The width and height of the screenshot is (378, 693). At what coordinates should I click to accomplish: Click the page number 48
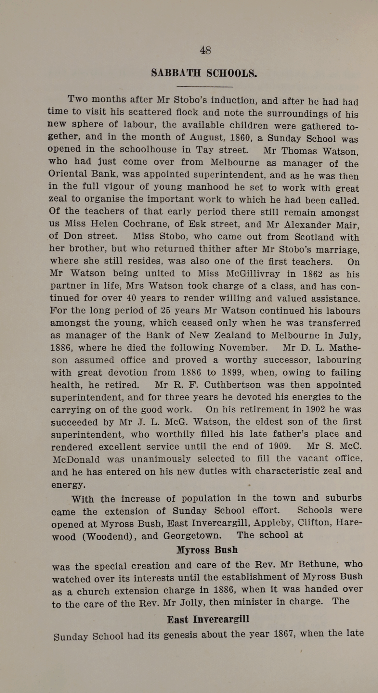(x=205, y=50)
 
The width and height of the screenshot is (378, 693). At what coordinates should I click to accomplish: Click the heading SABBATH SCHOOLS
(x=204, y=73)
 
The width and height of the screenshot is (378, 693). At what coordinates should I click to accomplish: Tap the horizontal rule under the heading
(x=204, y=87)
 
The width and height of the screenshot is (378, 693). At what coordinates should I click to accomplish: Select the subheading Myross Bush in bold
(x=207, y=550)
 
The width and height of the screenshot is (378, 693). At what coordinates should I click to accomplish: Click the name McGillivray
(x=253, y=274)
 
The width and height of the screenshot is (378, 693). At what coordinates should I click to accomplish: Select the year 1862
(x=313, y=274)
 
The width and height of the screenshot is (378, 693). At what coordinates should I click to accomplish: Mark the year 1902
(x=315, y=409)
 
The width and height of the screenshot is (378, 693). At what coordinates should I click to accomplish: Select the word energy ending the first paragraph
(x=68, y=485)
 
